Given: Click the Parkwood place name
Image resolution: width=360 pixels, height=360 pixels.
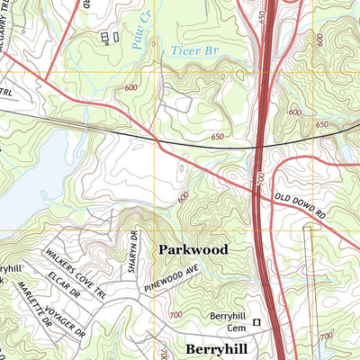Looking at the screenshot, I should (193, 249).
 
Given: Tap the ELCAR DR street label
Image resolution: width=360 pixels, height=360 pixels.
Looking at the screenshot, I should (66, 283).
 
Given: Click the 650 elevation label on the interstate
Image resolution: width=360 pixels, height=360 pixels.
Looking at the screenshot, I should (261, 18).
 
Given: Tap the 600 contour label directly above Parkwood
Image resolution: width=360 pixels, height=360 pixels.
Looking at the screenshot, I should (184, 196).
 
